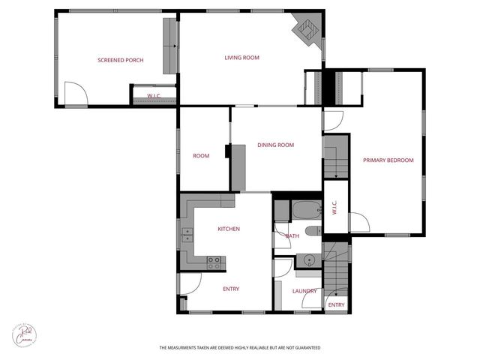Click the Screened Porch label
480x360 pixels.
120,60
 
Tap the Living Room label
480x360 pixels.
241,57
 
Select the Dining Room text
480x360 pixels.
275,145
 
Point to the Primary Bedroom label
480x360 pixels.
388,160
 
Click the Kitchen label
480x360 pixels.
229,229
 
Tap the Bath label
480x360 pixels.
292,235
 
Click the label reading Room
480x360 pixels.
201,156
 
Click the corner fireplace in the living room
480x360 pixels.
305,29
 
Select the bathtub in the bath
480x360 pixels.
306,210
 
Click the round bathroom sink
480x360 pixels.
307,260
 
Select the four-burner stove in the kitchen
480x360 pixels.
214,262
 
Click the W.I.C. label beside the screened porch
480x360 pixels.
154,96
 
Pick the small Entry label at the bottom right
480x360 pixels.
336,304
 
